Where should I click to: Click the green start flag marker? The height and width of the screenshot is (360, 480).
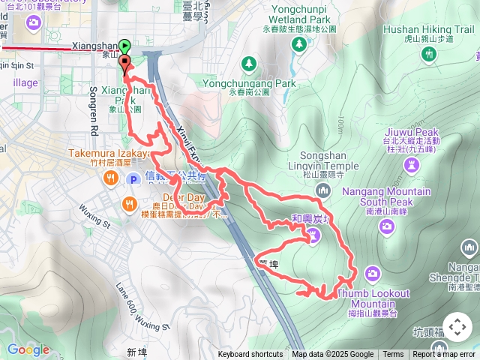pyautogui.click(x=124, y=47)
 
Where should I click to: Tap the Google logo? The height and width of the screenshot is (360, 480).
pyautogui.click(x=28, y=349)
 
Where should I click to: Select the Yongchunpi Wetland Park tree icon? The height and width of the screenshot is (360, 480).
pyautogui.click(x=299, y=45)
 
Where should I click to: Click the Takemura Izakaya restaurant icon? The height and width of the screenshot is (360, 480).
pyautogui.click(x=110, y=178)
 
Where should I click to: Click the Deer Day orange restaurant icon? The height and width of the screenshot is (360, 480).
pyautogui.click(x=129, y=203)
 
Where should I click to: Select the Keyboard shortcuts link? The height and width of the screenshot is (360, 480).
pyautogui.click(x=250, y=355)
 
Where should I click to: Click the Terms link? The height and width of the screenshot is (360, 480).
pyautogui.click(x=393, y=355)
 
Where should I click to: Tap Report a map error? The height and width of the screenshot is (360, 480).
pyautogui.click(x=444, y=355)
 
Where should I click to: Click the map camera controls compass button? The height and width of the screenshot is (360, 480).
pyautogui.click(x=457, y=327)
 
